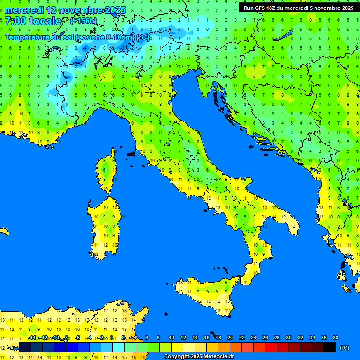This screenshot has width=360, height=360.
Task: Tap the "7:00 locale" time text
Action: point(33,21)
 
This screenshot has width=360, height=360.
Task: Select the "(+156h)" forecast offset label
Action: point(83,21)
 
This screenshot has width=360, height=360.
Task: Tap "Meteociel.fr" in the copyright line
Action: point(217,357)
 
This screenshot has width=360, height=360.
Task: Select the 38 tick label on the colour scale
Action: point(336,337)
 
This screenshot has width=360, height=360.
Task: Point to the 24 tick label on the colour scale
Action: point(254,337)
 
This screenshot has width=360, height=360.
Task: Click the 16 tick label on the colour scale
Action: point(207,337)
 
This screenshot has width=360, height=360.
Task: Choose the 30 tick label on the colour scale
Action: point(289,337)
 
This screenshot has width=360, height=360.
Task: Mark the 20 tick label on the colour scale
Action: point(230,337)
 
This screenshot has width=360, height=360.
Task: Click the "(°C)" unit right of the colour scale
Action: point(344,348)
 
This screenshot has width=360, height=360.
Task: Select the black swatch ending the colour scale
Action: point(330,347)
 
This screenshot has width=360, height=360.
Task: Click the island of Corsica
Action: point(108,171)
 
